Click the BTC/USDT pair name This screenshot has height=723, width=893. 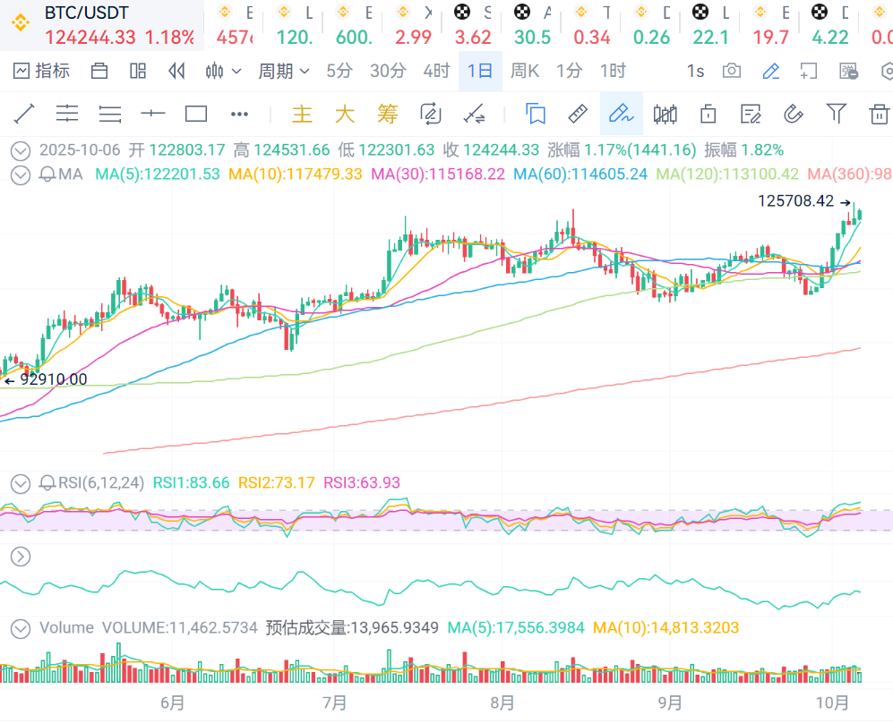[x=86, y=13]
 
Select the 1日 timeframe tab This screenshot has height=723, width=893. [x=480, y=71]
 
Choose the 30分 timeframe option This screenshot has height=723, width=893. [x=388, y=71]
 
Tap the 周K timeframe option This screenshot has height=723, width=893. [x=525, y=71]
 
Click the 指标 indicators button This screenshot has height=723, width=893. [x=42, y=71]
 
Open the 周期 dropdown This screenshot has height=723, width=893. [x=283, y=71]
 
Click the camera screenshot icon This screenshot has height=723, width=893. [x=732, y=71]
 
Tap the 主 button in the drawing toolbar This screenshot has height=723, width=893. [x=302, y=114]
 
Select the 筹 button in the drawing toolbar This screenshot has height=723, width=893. [x=387, y=114]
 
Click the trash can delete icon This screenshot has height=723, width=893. [x=879, y=114]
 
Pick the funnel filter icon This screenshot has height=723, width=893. [x=836, y=113]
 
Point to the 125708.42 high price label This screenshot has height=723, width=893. [x=795, y=201]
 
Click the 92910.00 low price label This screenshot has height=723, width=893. [x=52, y=379]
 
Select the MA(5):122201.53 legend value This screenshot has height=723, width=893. [x=158, y=174]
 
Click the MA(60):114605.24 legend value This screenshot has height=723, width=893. [x=580, y=174]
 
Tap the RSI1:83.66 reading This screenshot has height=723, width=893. [x=191, y=483]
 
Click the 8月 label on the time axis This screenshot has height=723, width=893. [x=502, y=703]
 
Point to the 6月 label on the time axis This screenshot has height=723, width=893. [x=173, y=703]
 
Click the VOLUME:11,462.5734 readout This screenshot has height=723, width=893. [x=180, y=628]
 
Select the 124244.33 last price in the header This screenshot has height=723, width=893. [x=90, y=38]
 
